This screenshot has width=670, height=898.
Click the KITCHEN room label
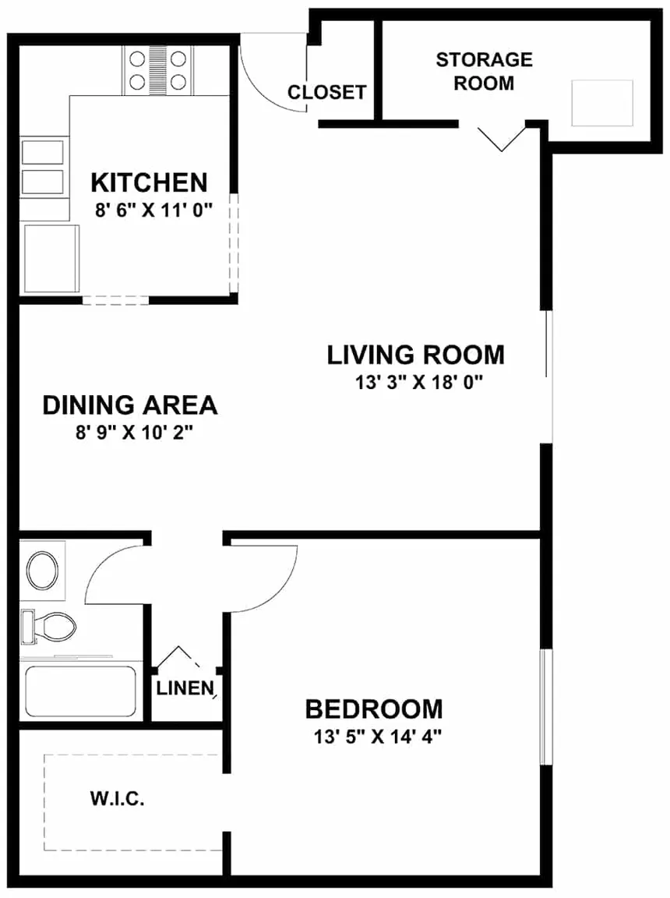point(149,182)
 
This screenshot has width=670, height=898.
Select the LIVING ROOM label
point(415,355)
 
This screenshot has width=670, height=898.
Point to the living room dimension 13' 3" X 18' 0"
point(416,382)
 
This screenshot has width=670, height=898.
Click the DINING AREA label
point(129,405)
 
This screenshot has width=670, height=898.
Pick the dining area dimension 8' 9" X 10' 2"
point(129,433)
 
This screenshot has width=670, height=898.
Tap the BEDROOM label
point(373,709)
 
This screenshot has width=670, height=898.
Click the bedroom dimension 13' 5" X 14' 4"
point(373,737)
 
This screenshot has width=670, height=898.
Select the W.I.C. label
point(118,799)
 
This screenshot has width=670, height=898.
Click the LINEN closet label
point(185,688)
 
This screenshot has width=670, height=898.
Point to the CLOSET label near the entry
point(326,93)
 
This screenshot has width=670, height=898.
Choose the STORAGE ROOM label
point(484,71)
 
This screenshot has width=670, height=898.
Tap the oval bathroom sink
point(43,571)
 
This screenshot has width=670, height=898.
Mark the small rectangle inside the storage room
point(601,102)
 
